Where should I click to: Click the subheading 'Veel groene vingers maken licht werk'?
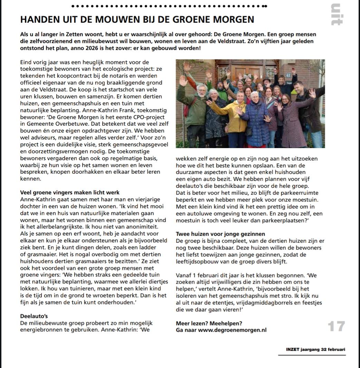[70, 192]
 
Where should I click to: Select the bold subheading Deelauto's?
[34, 316]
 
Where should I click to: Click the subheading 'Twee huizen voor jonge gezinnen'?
[221, 234]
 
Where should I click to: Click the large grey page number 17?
[336, 326]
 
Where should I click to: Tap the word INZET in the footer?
[293, 349]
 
